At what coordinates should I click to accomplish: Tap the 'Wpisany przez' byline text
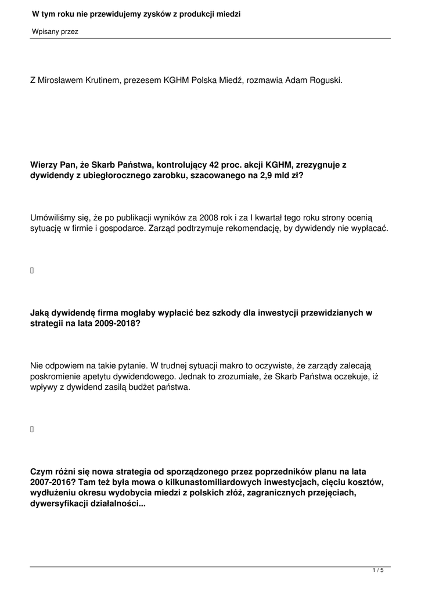pos(55,32)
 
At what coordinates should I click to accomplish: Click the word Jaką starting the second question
pos(41,312)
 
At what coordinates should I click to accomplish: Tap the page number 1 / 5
pos(378,571)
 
